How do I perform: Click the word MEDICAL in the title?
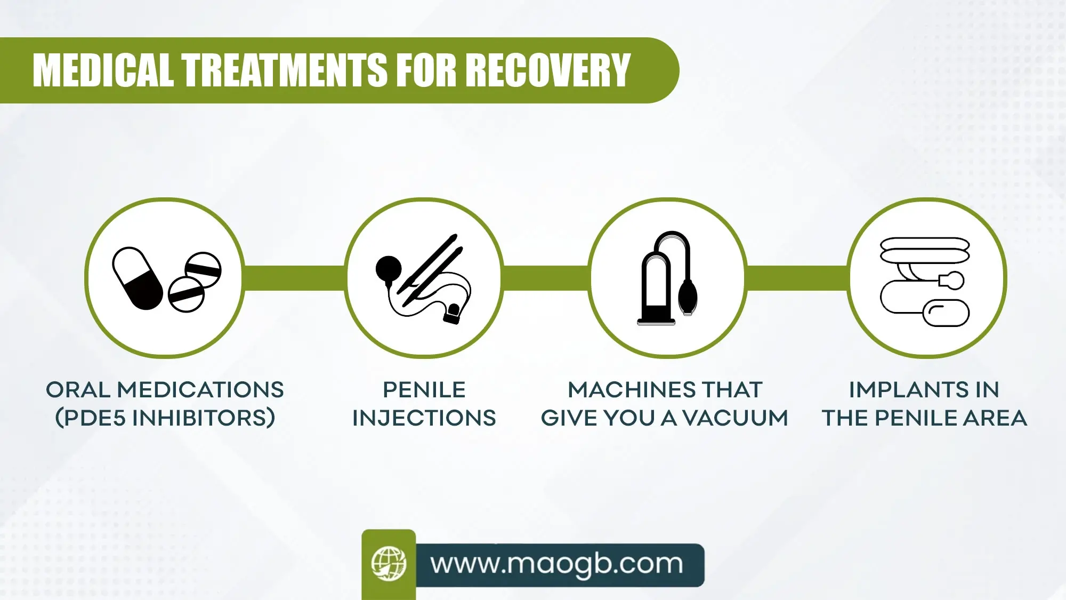(x=103, y=70)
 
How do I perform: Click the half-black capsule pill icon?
(x=138, y=278)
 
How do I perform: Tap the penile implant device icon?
(x=924, y=282)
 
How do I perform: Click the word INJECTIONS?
(x=424, y=418)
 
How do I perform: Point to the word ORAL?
(x=78, y=390)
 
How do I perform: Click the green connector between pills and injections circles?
(x=294, y=278)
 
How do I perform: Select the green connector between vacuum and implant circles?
(x=796, y=278)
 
